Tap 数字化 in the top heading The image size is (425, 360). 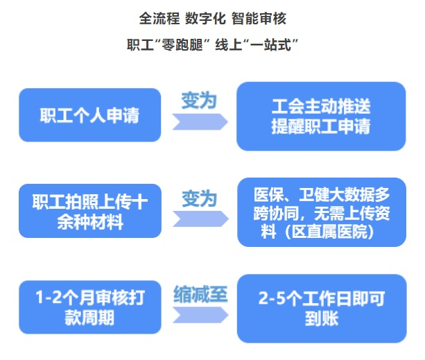pyautogui.click(x=207, y=17)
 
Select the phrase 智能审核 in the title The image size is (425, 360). pyautogui.click(x=258, y=17)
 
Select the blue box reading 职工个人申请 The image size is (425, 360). pyautogui.click(x=89, y=115)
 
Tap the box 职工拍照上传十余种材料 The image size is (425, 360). pyautogui.click(x=89, y=211)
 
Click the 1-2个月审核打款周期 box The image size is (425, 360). pyautogui.click(x=89, y=308)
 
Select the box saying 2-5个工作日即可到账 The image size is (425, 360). pyautogui.click(x=321, y=308)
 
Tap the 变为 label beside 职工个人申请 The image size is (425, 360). pyautogui.click(x=199, y=101)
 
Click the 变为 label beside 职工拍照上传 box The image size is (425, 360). pyautogui.click(x=199, y=200)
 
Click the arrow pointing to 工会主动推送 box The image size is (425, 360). pyautogui.click(x=200, y=122)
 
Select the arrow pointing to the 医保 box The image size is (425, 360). pyautogui.click(x=200, y=220)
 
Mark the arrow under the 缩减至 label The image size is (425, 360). pyautogui.click(x=200, y=316)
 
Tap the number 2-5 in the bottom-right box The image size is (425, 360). pyautogui.click(x=272, y=300)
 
